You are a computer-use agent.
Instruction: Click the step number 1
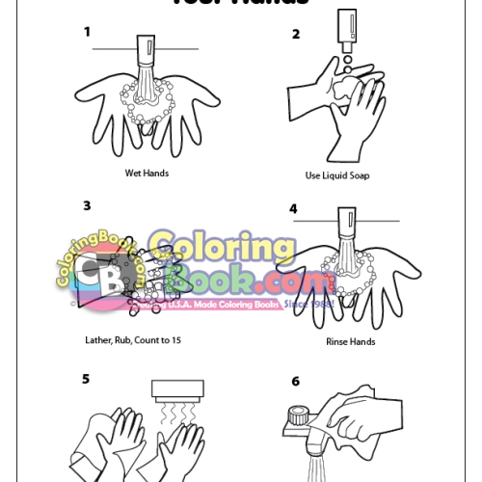tap(87, 32)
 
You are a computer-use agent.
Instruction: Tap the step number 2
tap(296, 34)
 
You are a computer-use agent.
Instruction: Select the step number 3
tap(87, 205)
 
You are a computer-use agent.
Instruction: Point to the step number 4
tap(293, 208)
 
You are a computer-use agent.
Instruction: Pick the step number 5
tap(87, 379)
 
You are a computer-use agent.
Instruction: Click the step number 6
tap(295, 381)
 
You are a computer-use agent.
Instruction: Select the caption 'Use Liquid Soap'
tap(337, 175)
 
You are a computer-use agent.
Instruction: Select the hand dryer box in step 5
tap(178, 390)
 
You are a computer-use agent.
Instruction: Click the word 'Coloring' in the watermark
tap(222, 249)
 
